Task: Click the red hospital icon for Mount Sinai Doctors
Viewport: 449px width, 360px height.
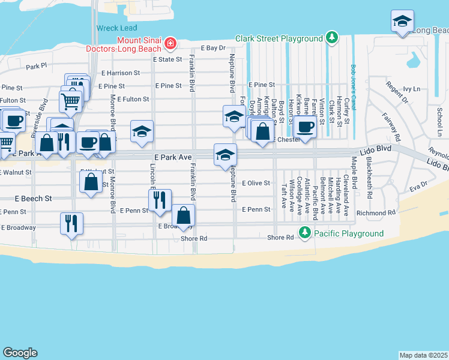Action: (170, 43)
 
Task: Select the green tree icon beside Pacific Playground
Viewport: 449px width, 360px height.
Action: (305, 233)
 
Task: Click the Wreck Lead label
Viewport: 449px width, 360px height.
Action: (116, 28)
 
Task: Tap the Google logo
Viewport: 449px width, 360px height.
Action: (20, 353)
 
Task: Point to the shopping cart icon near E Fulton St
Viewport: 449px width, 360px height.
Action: (71, 101)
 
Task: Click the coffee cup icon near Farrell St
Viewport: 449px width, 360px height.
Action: (305, 127)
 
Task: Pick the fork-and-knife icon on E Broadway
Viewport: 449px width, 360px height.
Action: (71, 223)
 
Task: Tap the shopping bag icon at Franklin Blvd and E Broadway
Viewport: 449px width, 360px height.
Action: (183, 215)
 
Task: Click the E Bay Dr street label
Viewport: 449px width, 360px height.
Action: (212, 47)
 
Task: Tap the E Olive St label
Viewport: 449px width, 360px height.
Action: (256, 184)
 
